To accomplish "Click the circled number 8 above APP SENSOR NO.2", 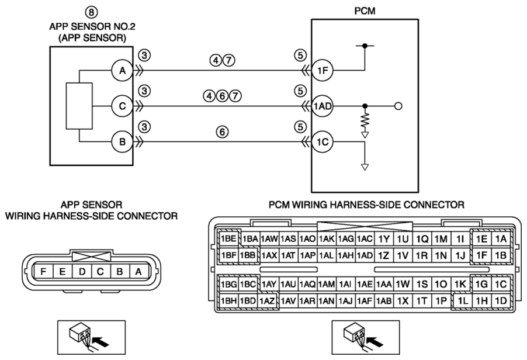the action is coord(91,12).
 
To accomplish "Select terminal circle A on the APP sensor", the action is coord(122,71).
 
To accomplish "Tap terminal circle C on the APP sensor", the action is coord(122,106).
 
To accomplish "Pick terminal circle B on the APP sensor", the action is coord(122,142).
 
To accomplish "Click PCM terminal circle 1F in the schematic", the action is coord(323,71).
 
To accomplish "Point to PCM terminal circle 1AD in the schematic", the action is coord(323,106).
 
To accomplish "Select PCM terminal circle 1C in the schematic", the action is coord(323,142).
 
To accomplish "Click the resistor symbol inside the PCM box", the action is coord(365,121).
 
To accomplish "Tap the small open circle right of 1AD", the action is coord(398,106).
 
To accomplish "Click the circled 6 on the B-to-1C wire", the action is coord(222,132).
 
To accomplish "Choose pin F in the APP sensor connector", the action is coord(43,272).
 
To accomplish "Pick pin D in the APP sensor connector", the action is coord(82,272).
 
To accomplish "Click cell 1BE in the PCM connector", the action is coord(228,238).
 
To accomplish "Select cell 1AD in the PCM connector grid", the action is coord(365,255).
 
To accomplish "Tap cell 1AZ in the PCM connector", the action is coord(268,301).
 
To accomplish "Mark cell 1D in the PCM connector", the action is coord(501,301).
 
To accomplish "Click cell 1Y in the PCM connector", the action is coord(384,238).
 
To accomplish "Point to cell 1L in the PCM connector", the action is coord(463,301).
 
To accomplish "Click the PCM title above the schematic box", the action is coord(365,11).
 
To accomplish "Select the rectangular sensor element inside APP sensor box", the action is coord(79,106).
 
